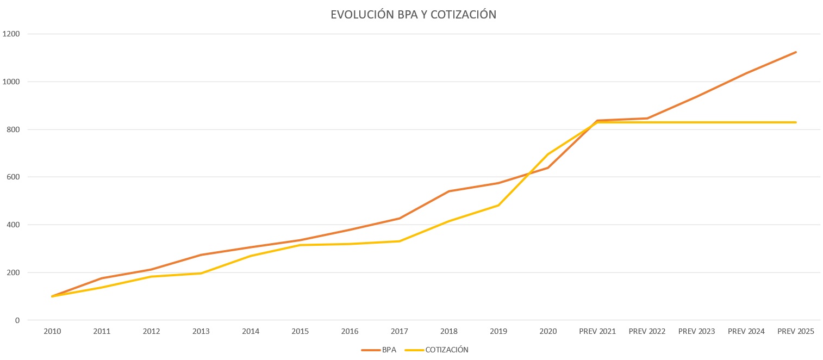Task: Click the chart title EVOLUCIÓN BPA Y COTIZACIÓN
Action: [x=413, y=15]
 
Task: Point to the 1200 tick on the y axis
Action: [x=12, y=34]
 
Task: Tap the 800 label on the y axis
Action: [x=14, y=129]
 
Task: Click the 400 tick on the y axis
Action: [x=14, y=225]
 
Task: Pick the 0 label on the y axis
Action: [x=17, y=320]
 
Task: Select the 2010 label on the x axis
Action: [x=52, y=331]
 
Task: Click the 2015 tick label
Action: [x=300, y=331]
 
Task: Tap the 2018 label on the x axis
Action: [x=449, y=331]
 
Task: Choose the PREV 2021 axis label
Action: [x=597, y=331]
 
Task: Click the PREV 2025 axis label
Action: [x=796, y=331]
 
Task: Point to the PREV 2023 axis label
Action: [x=696, y=331]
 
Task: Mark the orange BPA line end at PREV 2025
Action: [x=796, y=52]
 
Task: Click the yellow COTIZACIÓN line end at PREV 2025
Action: [x=796, y=122]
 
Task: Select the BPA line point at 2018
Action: [x=449, y=191]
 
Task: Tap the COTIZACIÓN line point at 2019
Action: [x=498, y=205]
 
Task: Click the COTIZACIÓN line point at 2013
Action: [x=201, y=273]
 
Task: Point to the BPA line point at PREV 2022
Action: [x=647, y=118]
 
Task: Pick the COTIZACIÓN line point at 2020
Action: [x=548, y=154]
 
